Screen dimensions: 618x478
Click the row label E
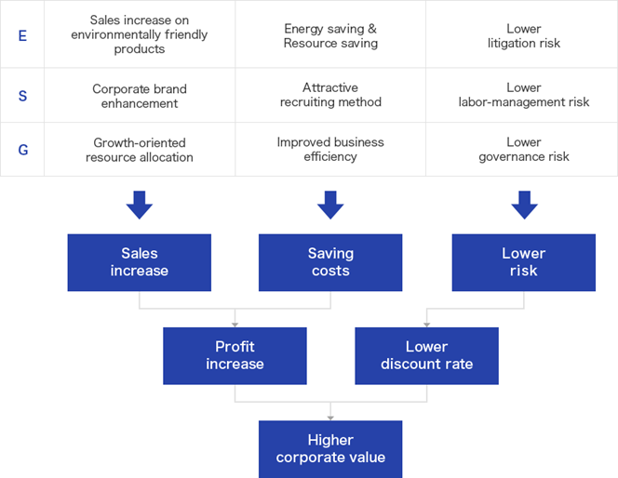click(22, 36)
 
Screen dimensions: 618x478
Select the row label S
click(22, 96)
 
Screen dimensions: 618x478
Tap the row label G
click(23, 150)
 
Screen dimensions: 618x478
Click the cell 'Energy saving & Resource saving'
click(330, 35)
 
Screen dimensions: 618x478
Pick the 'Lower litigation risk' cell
click(522, 35)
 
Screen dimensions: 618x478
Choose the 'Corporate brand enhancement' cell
click(140, 96)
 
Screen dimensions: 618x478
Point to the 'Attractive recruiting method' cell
click(330, 95)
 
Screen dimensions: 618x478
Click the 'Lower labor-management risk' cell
click(522, 95)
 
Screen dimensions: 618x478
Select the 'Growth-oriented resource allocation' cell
click(140, 150)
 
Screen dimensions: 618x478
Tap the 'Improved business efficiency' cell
click(330, 149)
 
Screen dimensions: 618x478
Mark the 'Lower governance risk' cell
click(522, 149)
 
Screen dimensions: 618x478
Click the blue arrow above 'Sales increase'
click(140, 206)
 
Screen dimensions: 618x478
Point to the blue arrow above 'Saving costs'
click(330, 206)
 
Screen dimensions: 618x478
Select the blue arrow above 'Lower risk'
click(524, 206)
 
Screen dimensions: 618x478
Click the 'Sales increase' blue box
click(139, 262)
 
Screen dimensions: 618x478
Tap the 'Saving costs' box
click(330, 262)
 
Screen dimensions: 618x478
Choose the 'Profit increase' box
click(235, 356)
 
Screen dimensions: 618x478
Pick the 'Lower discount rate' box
click(427, 356)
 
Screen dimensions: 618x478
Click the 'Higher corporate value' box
click(330, 449)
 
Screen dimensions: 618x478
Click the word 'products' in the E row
click(140, 49)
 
